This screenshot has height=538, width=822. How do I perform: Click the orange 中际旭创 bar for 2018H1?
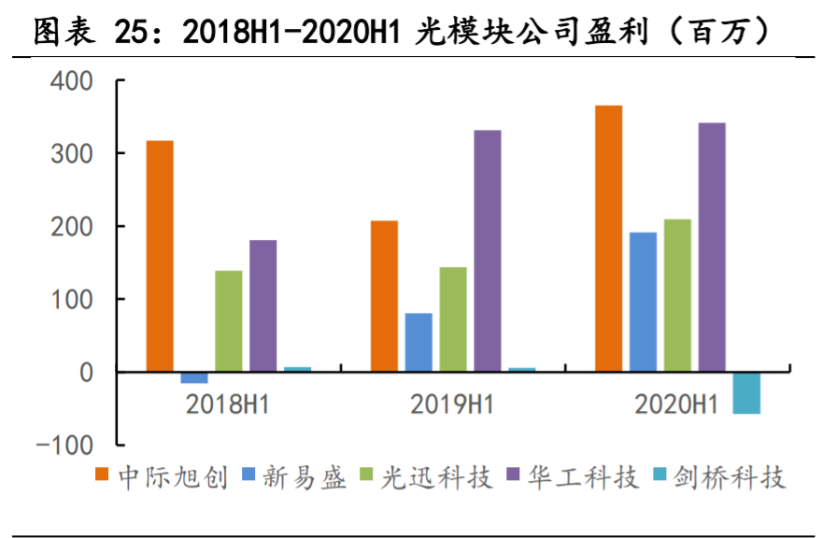point(160,256)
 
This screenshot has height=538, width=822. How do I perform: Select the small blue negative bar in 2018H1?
point(194,377)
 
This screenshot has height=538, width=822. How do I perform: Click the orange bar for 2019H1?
point(384,296)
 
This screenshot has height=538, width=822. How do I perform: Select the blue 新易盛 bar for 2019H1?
point(418,342)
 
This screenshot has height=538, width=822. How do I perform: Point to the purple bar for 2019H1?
point(488,250)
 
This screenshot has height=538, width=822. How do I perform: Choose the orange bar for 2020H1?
point(609,238)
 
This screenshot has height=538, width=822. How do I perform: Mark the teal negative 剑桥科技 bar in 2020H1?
point(746,392)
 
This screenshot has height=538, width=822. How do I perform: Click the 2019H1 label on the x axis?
point(452,404)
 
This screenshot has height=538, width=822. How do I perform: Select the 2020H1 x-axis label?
point(676,404)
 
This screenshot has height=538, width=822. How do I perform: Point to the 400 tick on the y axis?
point(72,81)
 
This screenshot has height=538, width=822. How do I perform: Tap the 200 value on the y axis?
point(72,227)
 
